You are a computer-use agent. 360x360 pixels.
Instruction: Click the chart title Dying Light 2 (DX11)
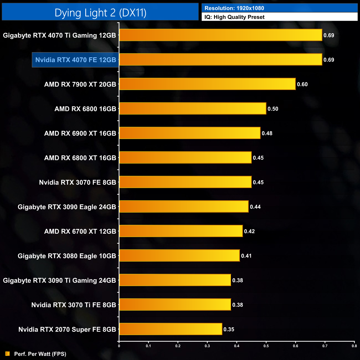click(100, 13)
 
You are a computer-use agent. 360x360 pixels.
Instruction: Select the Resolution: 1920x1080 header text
click(234, 8)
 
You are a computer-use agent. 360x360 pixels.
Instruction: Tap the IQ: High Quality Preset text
click(234, 17)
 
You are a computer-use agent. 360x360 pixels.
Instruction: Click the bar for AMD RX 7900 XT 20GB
click(207, 84)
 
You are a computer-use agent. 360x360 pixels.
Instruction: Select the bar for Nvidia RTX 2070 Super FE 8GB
click(171, 329)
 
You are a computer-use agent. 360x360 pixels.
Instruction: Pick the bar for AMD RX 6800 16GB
click(193, 109)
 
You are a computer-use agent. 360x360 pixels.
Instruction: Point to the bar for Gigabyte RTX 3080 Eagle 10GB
click(179, 256)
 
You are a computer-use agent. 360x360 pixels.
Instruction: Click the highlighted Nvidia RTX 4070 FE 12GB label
click(76, 60)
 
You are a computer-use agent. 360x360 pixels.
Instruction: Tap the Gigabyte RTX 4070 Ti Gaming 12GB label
click(60, 35)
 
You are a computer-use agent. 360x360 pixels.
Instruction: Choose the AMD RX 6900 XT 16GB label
click(80, 133)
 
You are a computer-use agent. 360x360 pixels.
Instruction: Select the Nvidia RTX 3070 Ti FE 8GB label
click(74, 305)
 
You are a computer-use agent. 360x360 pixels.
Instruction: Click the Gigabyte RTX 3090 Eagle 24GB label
click(67, 207)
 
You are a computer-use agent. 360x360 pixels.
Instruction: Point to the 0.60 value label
click(302, 84)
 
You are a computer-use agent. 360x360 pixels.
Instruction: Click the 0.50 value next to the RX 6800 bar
click(273, 109)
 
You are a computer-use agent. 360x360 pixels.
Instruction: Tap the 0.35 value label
click(229, 329)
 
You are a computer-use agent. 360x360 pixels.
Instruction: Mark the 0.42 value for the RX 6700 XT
click(249, 231)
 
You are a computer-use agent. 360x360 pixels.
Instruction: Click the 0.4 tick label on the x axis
click(237, 346)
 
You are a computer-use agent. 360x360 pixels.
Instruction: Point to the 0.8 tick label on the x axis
click(354, 346)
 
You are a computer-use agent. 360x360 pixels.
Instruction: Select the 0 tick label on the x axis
click(119, 346)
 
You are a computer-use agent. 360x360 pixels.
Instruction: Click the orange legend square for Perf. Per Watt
click(7, 354)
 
